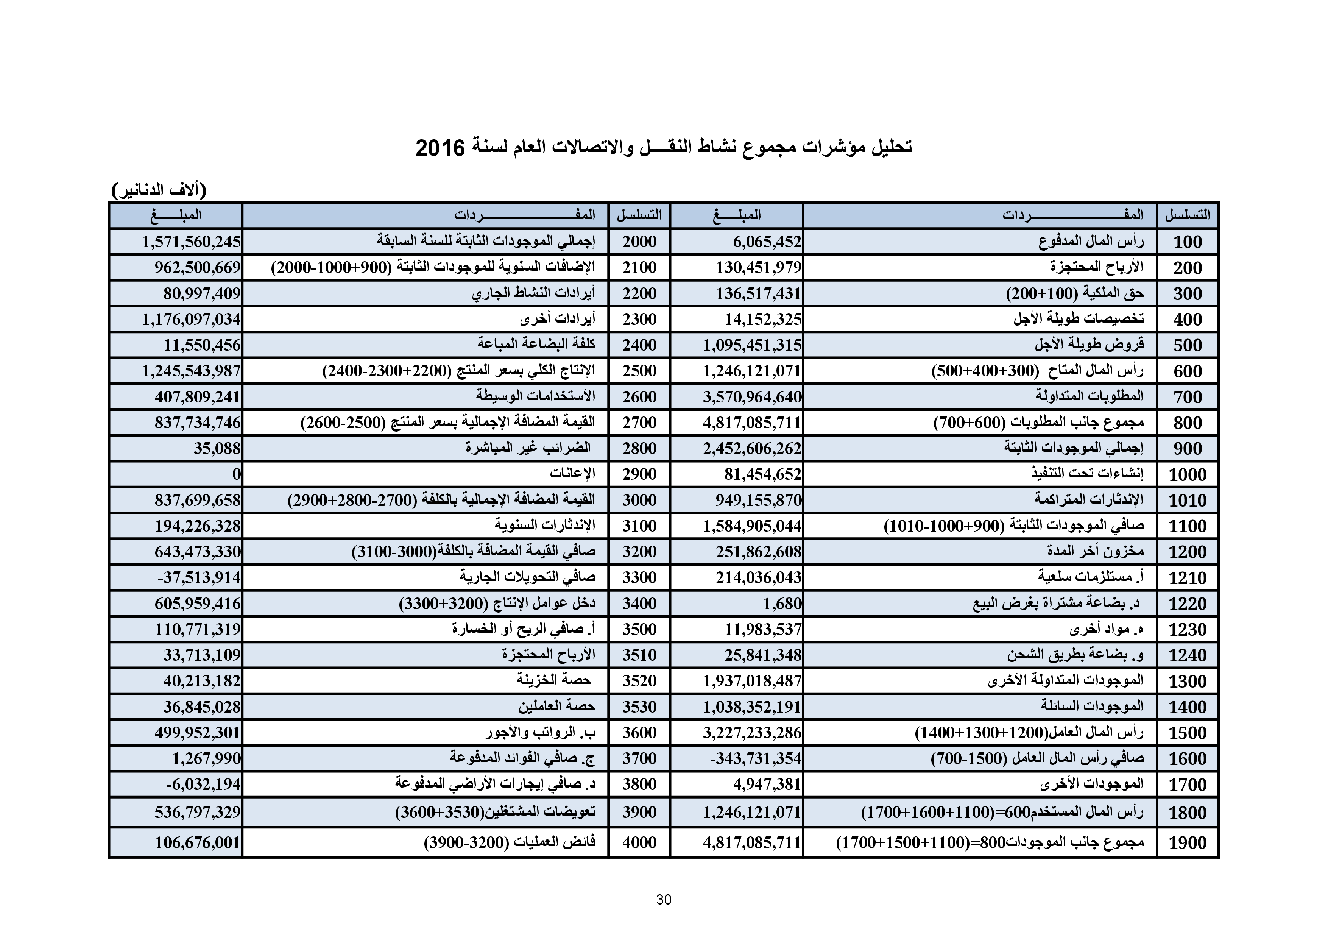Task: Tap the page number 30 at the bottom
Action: pos(663,900)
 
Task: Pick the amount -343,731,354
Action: pos(755,758)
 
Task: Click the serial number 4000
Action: pos(639,842)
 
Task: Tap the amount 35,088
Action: pos(217,448)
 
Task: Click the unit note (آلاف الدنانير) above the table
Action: pos(159,190)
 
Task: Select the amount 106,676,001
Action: pos(197,842)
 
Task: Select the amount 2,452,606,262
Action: pos(752,448)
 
